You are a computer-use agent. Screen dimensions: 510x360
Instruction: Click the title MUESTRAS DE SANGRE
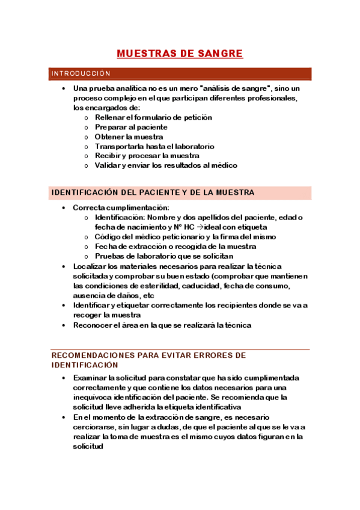pos(180,54)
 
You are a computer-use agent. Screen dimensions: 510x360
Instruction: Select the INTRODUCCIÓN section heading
pos(81,74)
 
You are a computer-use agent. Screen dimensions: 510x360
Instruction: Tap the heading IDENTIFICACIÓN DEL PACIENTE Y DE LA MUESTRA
pos(153,192)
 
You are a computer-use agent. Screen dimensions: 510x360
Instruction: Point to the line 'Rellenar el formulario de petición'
pos(153,117)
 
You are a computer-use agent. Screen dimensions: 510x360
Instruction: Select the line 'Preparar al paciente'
pos(131,127)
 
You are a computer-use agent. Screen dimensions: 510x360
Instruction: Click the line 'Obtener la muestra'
pos(129,137)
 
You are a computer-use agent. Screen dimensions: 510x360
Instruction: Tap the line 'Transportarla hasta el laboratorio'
pos(154,146)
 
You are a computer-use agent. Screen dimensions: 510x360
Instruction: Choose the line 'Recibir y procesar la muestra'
pos(147,156)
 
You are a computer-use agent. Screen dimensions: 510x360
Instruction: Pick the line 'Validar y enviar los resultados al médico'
pos(166,165)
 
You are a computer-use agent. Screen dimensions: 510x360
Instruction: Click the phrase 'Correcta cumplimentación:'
pos(121,207)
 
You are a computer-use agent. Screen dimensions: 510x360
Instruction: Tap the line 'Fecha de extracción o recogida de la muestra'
pos(175,247)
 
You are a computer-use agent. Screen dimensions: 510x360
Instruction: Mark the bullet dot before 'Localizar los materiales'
pos(64,266)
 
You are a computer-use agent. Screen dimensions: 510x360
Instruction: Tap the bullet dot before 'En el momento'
pos(64,417)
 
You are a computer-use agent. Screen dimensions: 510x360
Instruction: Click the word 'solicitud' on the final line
pos(88,447)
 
